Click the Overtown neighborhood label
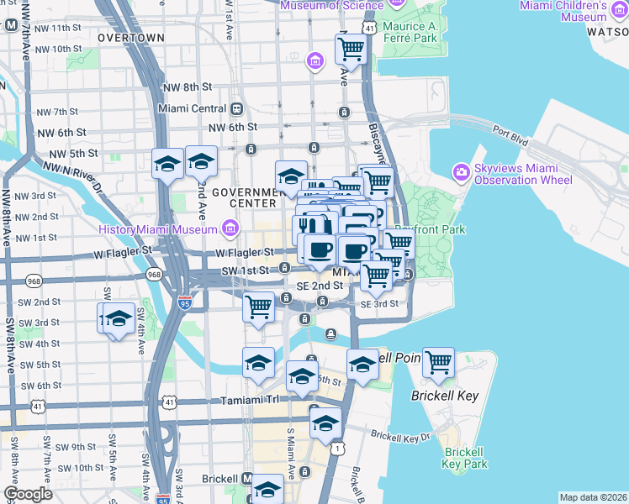point(130,38)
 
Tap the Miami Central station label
point(194,109)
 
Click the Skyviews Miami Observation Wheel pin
point(460,172)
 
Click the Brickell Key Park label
point(464,459)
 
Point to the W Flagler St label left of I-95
point(122,251)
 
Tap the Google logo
point(28,493)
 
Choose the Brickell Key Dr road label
point(400,437)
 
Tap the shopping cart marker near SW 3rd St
point(259,307)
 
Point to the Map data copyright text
point(593,497)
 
